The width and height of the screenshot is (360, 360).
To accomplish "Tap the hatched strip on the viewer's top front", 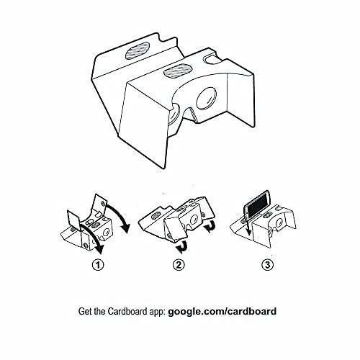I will pyautogui.click(x=176, y=71).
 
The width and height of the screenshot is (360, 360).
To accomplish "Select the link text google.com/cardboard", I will pyautogui.click(x=222, y=312).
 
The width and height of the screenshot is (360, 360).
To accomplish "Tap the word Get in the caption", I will pyautogui.click(x=86, y=312).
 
